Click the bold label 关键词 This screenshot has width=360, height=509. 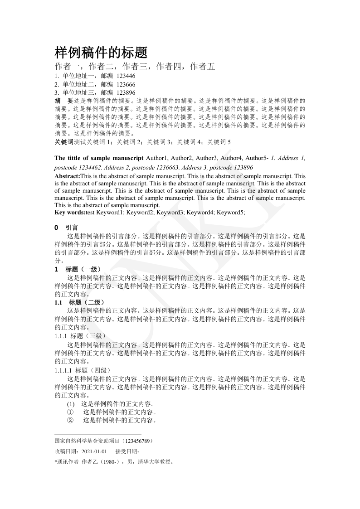click(63, 142)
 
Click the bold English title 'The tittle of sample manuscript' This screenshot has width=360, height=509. click(98, 158)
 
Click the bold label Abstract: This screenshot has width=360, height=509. click(67, 176)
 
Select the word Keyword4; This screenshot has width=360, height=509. click(201, 212)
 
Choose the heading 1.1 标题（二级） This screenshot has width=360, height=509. click(80, 302)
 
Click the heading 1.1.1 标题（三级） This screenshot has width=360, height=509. click(80, 336)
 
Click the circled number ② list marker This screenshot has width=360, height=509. click(70, 421)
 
